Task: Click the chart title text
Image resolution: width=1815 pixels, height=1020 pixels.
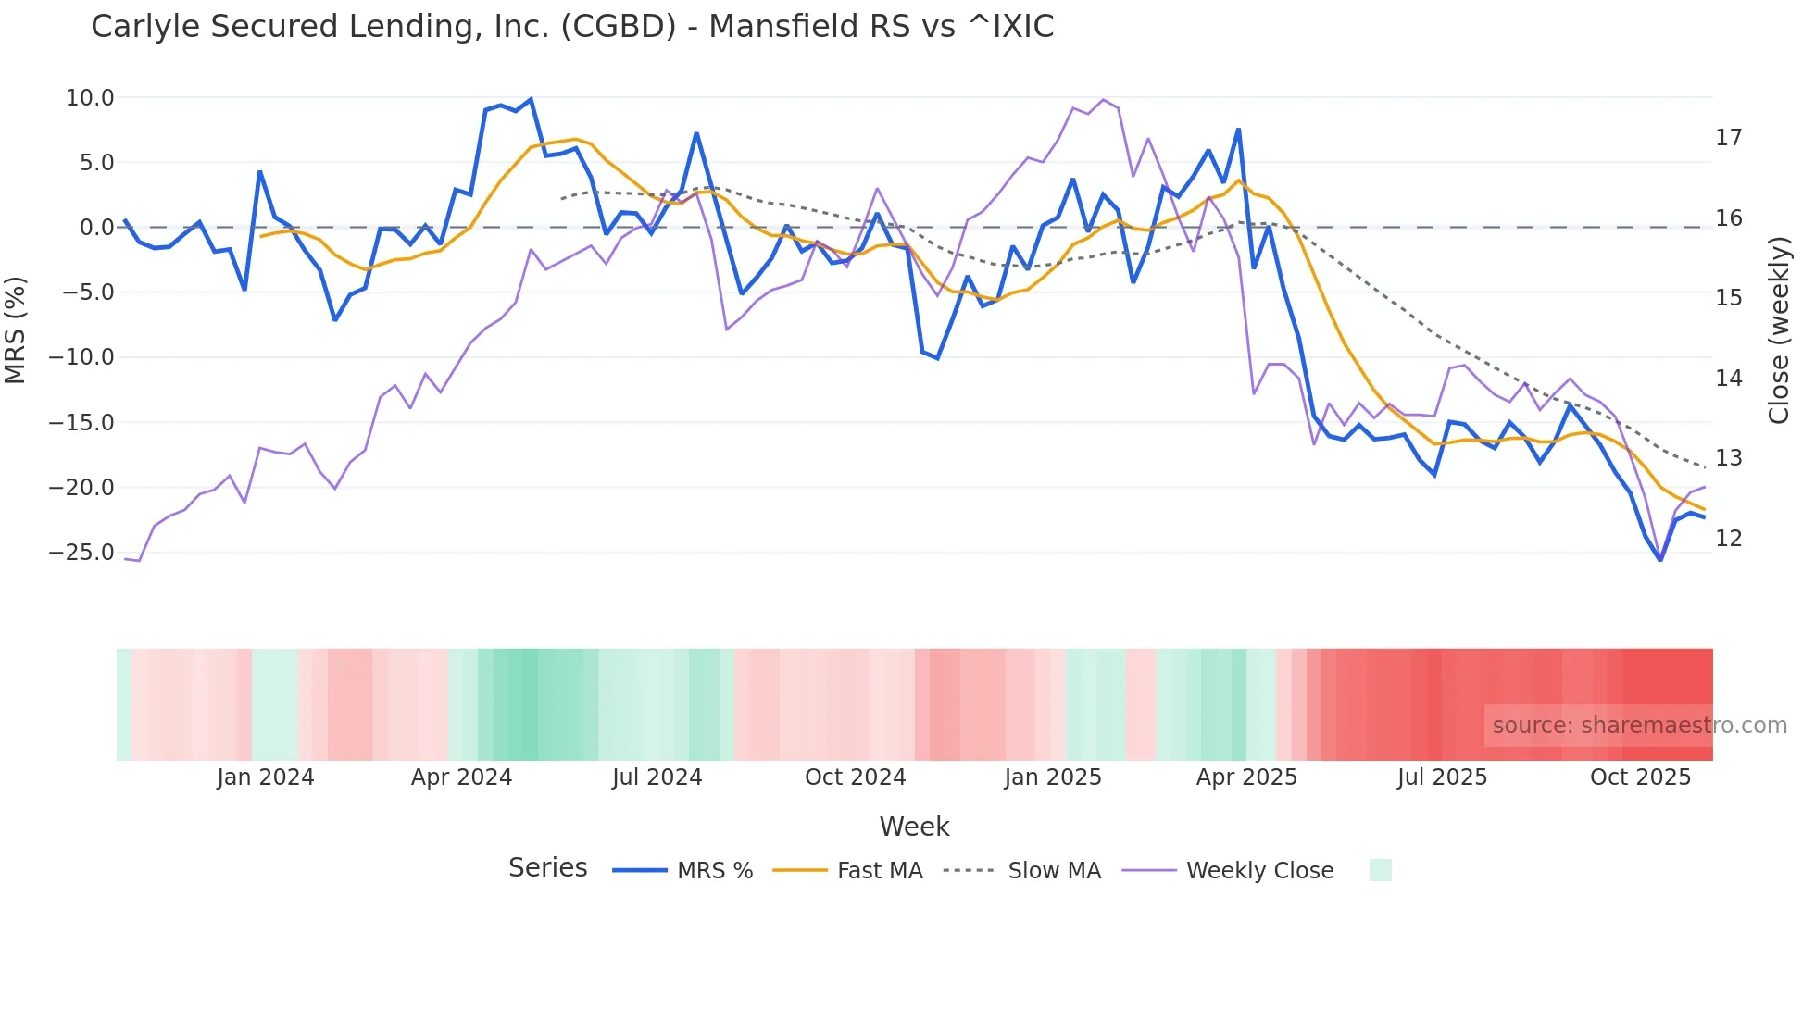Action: pos(572,27)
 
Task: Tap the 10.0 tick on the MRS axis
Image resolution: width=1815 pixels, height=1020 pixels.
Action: pos(90,98)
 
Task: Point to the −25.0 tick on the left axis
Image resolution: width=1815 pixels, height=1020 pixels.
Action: pos(81,553)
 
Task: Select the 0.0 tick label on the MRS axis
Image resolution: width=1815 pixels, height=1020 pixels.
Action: pos(96,228)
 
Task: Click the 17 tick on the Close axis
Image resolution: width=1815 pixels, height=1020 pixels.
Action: pos(1728,138)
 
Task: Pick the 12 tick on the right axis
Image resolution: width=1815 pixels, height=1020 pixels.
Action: pos(1728,539)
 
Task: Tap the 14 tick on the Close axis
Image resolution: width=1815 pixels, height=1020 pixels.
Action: pos(1728,379)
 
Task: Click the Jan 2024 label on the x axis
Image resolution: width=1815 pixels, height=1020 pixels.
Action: pos(266,777)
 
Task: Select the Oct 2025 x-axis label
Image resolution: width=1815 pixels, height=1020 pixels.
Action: pos(1640,777)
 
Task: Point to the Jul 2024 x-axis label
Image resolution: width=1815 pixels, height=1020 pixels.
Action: pos(657,777)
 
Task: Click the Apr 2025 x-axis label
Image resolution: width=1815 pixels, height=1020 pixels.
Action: pos(1246,777)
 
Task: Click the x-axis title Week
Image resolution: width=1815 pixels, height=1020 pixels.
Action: pos(914,827)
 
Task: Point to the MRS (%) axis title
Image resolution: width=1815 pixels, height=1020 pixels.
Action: pos(16,330)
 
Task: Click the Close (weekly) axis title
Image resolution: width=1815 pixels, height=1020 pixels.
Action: pos(1779,330)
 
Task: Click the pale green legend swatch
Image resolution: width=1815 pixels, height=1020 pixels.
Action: pos(1380,870)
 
